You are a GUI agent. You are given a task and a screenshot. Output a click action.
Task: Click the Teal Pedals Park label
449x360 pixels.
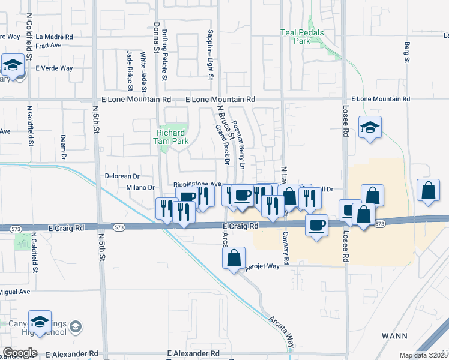303,37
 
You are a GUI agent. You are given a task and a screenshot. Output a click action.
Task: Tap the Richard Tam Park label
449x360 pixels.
173,137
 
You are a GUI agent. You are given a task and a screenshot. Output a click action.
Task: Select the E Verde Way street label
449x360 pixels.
53,68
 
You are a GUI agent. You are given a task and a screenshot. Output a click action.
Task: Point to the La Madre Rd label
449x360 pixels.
54,37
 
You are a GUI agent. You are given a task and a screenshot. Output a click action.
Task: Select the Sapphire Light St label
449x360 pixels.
211,55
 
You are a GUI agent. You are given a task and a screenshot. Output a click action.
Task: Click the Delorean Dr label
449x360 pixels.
122,176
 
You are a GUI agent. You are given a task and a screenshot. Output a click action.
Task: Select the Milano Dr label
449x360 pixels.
140,188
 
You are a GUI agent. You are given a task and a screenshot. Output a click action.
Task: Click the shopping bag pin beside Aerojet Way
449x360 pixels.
234,259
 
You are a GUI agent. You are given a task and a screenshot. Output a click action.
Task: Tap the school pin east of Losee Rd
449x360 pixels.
370,127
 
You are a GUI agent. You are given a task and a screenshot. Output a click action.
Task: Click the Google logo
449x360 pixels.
20,353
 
